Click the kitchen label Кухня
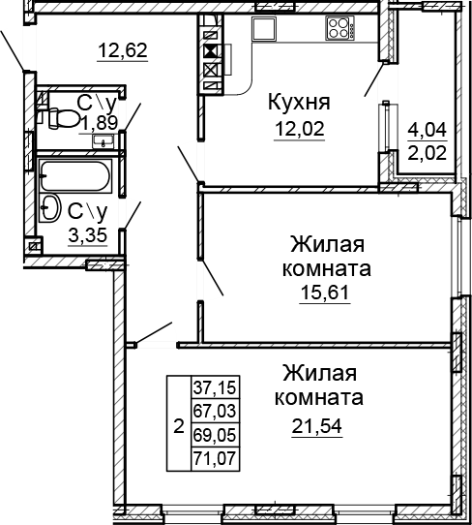[x=299, y=102]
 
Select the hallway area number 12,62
[x=122, y=49]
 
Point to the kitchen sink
[x=264, y=28]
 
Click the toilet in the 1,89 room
[x=61, y=116]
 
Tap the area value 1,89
[x=98, y=122]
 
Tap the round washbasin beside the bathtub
[x=47, y=204]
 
